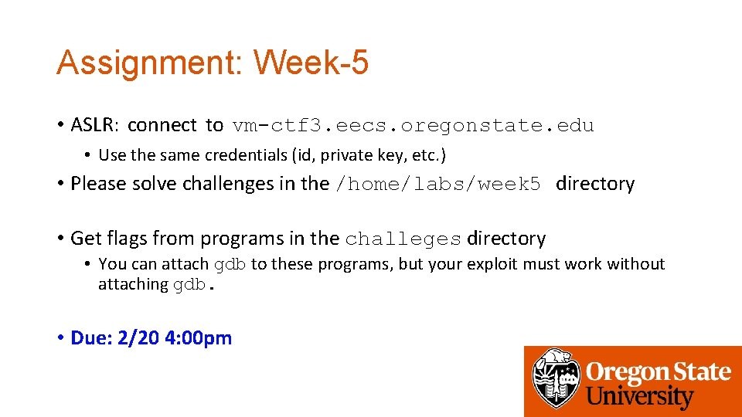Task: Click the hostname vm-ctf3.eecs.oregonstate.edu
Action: pyautogui.click(x=413, y=125)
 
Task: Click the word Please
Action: pyautogui.click(x=94, y=184)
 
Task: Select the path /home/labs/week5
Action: pyautogui.click(x=437, y=184)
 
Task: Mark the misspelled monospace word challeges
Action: pyautogui.click(x=403, y=239)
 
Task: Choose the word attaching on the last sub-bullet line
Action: pyautogui.click(x=133, y=284)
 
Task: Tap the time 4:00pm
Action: pyautogui.click(x=199, y=338)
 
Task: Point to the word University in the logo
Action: pyautogui.click(x=640, y=397)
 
